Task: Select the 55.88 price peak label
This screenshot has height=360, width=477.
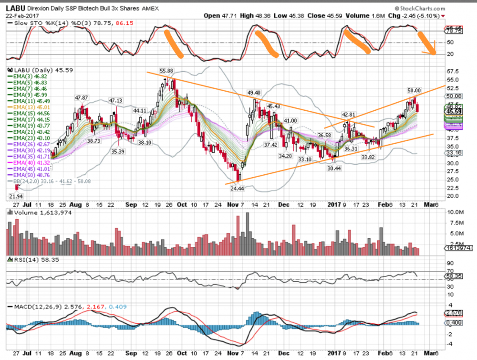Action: [166, 71]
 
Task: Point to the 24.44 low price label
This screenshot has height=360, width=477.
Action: [237, 189]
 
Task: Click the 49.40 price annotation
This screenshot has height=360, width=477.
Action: [253, 92]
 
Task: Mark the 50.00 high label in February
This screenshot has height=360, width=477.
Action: [414, 90]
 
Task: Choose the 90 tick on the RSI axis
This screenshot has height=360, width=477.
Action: [450, 263]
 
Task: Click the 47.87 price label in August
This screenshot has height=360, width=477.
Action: [82, 97]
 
